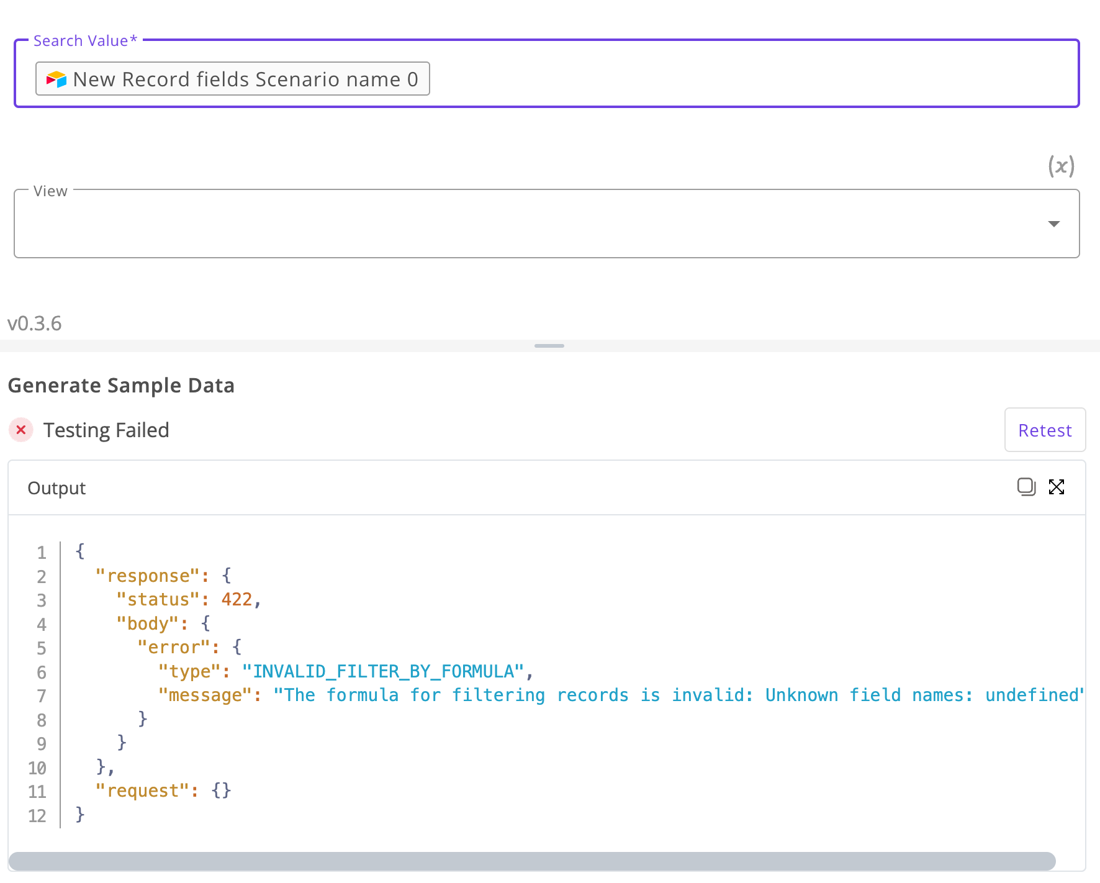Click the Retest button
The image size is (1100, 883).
pyautogui.click(x=1045, y=430)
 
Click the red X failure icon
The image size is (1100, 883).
pyautogui.click(x=21, y=430)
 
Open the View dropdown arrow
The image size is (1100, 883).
pyautogui.click(x=1053, y=224)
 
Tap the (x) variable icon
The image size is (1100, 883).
pyautogui.click(x=1061, y=166)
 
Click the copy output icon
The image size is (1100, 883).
pyautogui.click(x=1026, y=487)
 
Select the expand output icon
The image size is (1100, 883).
pyautogui.click(x=1057, y=487)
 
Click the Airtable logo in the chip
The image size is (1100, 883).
pyautogui.click(x=56, y=79)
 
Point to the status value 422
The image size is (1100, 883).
pyautogui.click(x=237, y=599)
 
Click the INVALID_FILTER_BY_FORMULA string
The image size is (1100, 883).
pyautogui.click(x=384, y=671)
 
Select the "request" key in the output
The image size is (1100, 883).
pyautogui.click(x=143, y=790)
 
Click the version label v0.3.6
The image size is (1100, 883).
pyautogui.click(x=35, y=323)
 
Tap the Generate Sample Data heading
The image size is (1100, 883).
pyautogui.click(x=121, y=385)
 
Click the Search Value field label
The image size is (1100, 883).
pyautogui.click(x=85, y=40)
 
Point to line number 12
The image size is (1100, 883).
pyautogui.click(x=37, y=815)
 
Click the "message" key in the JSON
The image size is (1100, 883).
pyautogui.click(x=205, y=695)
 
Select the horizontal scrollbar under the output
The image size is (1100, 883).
pyautogui.click(x=532, y=861)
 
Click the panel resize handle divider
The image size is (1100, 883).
pyautogui.click(x=549, y=346)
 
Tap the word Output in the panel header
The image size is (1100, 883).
pyautogui.click(x=56, y=488)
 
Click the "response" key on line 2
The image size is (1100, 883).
pyautogui.click(x=148, y=576)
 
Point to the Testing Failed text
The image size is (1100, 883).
pyautogui.click(x=106, y=430)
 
